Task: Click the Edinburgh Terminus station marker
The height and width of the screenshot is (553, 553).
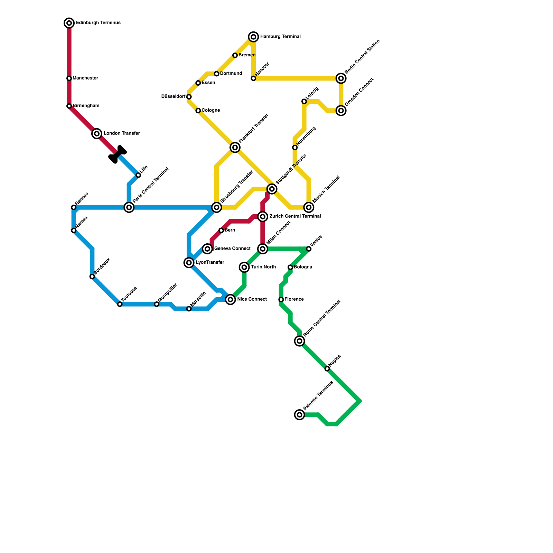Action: [69, 23]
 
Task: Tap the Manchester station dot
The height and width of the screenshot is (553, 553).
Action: [69, 78]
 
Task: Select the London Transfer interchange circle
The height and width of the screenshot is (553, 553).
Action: [97, 134]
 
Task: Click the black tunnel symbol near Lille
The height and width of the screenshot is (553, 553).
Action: [118, 154]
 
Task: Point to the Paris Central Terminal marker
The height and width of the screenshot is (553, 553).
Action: [129, 207]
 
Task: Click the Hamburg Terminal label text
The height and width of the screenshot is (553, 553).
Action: [280, 37]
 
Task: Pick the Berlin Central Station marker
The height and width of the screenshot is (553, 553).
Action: [341, 78]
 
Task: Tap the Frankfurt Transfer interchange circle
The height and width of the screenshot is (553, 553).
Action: [235, 148]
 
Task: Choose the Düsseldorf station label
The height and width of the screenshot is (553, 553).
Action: [173, 97]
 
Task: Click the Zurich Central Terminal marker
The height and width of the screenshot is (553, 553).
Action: [263, 217]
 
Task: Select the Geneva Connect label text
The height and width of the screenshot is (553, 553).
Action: [232, 249]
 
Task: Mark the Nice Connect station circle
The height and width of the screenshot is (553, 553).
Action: [231, 300]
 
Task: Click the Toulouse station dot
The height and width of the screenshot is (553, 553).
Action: [120, 304]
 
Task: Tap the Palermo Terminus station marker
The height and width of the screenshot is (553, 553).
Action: [300, 415]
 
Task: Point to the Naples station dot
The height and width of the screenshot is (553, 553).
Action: [327, 369]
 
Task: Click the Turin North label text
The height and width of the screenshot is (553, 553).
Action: [263, 267]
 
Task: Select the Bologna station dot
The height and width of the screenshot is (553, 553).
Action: [290, 267]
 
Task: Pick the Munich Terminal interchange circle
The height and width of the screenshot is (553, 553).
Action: [309, 207]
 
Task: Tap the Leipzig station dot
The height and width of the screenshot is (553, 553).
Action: [304, 101]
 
